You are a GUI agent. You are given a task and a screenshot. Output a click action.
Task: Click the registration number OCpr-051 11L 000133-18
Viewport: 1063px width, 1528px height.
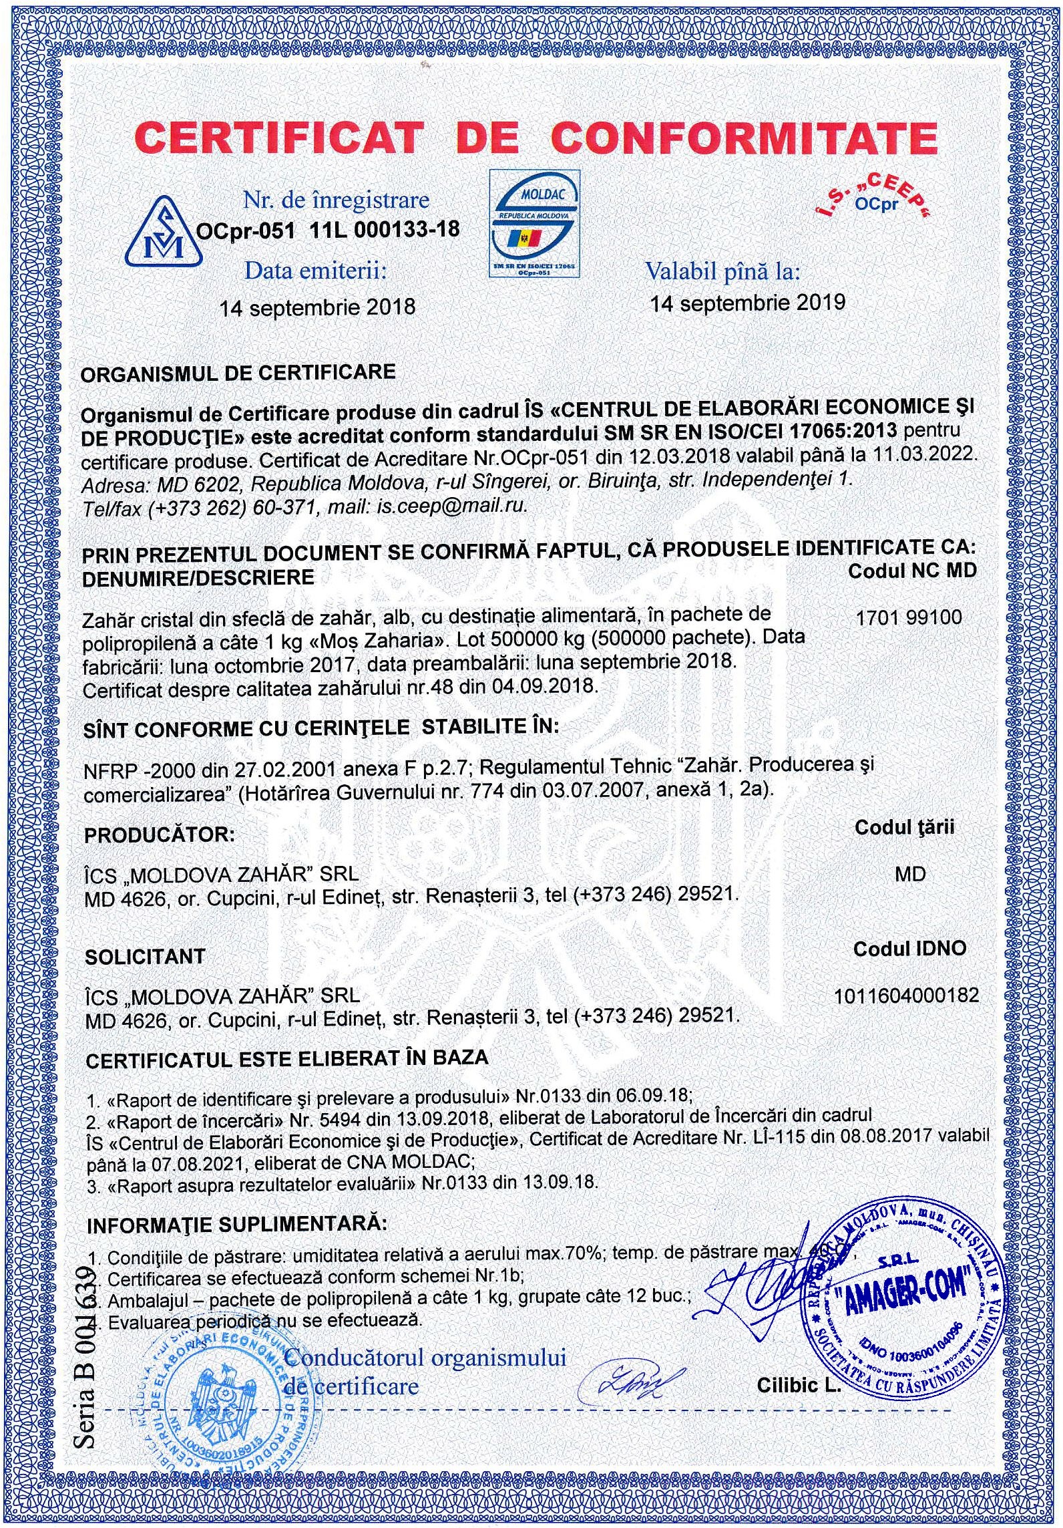pos(327,230)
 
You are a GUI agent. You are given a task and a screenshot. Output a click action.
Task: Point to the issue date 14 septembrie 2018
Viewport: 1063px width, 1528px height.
pos(318,307)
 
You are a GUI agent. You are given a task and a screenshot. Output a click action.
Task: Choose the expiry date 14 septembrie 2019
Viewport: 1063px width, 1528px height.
pos(748,303)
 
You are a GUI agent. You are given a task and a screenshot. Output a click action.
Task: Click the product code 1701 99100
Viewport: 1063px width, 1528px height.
pos(909,617)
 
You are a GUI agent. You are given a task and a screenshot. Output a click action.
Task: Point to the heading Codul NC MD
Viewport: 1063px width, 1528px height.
pos(912,571)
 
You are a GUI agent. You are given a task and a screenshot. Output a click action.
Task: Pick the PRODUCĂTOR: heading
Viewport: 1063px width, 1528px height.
pos(160,835)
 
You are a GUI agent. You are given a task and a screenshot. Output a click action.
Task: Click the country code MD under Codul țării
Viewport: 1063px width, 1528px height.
pos(910,874)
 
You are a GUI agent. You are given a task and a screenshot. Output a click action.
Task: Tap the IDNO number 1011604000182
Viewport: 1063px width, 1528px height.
pos(906,995)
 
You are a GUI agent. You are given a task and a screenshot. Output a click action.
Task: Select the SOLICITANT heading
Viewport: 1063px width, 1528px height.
pos(145,957)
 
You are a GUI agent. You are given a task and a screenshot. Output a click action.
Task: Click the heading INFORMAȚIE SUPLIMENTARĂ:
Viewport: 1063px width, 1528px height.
pos(236,1225)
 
